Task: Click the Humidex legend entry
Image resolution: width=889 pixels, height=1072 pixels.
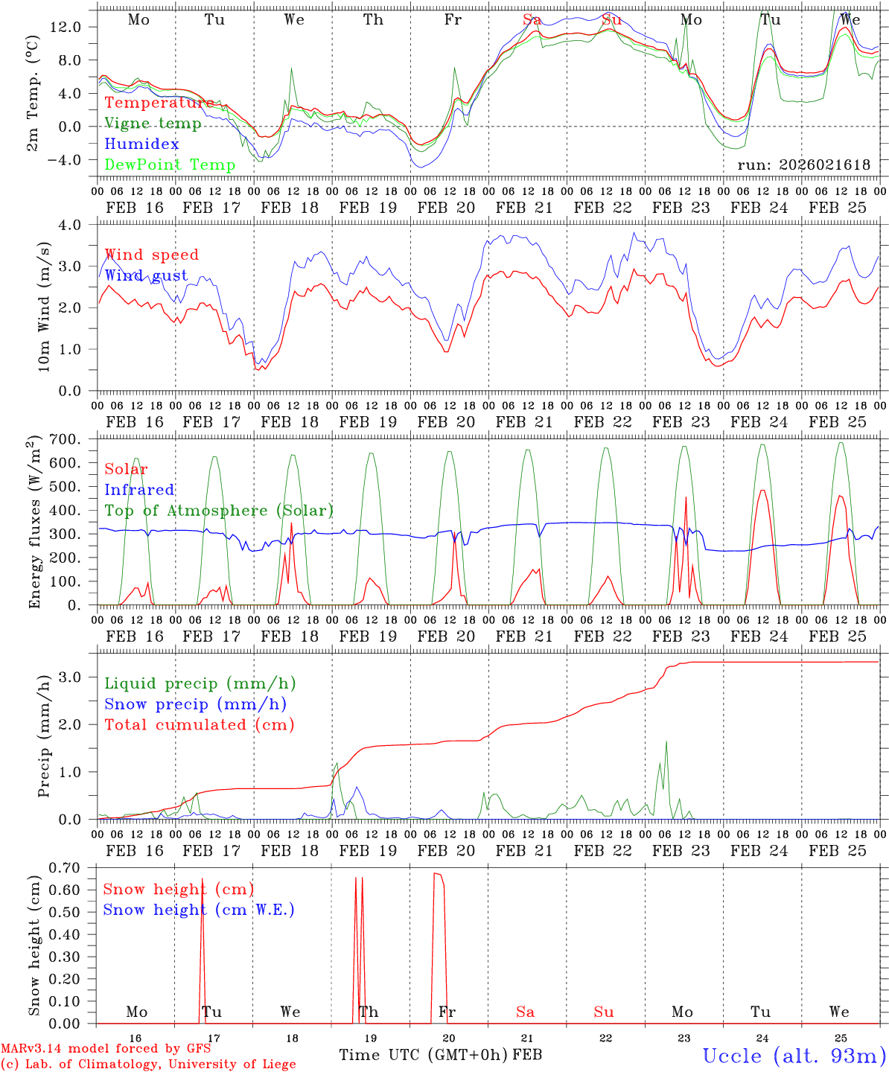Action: [141, 144]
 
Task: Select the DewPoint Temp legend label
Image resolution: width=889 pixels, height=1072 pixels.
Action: [170, 165]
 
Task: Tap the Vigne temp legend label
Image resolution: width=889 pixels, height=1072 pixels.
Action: [153, 124]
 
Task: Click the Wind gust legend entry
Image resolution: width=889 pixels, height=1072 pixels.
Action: [146, 276]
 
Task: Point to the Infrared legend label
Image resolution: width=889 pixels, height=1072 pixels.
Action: [139, 490]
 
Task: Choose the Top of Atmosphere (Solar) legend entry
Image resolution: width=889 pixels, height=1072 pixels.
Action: [219, 511]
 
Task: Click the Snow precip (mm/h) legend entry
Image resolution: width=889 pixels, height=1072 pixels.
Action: [195, 704]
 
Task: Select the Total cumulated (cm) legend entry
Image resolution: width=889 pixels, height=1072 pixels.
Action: [199, 725]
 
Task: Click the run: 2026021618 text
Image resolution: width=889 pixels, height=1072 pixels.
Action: [803, 165]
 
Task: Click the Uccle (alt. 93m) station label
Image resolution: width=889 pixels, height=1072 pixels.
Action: [794, 1056]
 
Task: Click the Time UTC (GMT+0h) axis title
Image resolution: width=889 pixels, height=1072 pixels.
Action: [424, 1055]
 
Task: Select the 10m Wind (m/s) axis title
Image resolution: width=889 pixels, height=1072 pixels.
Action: [44, 307]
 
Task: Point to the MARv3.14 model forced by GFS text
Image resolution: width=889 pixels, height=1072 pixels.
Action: [106, 1049]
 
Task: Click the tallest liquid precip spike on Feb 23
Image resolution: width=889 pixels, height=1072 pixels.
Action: [666, 741]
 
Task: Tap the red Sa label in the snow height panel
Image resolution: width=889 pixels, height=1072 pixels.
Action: [525, 1012]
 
